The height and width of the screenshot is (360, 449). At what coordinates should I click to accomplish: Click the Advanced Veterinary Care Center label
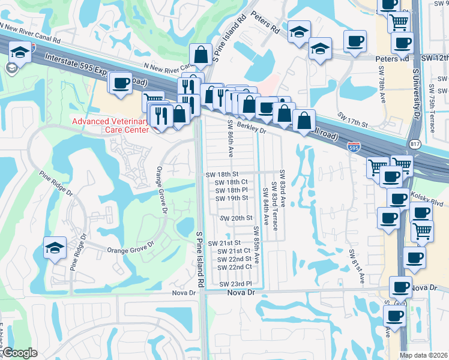[109, 125]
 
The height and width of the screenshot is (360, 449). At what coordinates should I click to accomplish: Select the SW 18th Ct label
[231, 182]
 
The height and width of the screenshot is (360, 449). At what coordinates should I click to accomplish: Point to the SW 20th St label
[235, 218]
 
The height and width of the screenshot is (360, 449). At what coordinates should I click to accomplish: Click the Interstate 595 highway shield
[354, 146]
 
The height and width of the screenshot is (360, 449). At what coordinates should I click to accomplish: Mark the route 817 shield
[414, 144]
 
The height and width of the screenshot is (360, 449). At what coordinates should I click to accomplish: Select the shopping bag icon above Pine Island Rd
[200, 53]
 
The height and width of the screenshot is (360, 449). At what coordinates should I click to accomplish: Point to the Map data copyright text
[423, 355]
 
